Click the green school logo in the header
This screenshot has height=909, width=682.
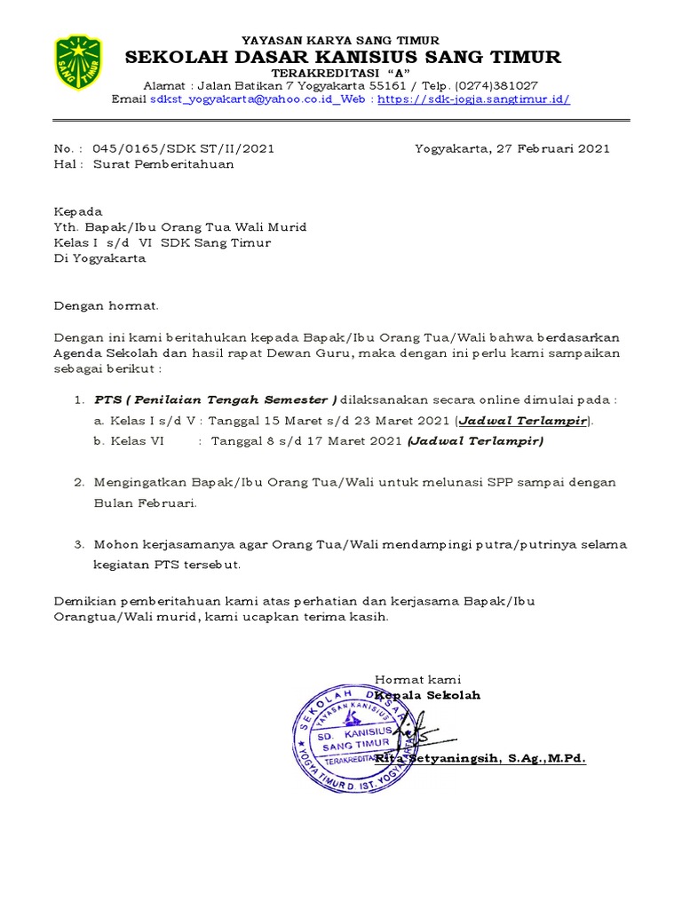pyautogui.click(x=78, y=62)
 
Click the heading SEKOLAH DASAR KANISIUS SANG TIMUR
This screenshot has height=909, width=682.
pyautogui.click(x=343, y=58)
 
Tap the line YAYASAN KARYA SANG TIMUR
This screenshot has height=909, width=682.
pyautogui.click(x=341, y=41)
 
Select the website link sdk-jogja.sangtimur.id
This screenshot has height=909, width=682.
pyautogui.click(x=473, y=99)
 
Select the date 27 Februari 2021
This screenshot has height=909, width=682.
pyautogui.click(x=551, y=148)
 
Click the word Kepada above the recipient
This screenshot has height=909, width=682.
pyautogui.click(x=78, y=211)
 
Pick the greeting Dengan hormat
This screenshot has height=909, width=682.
pyautogui.click(x=107, y=305)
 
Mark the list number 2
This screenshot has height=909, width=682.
pyautogui.click(x=78, y=482)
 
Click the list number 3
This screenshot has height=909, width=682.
pyautogui.click(x=78, y=544)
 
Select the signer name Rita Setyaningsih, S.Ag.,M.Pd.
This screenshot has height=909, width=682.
pyautogui.click(x=480, y=759)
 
